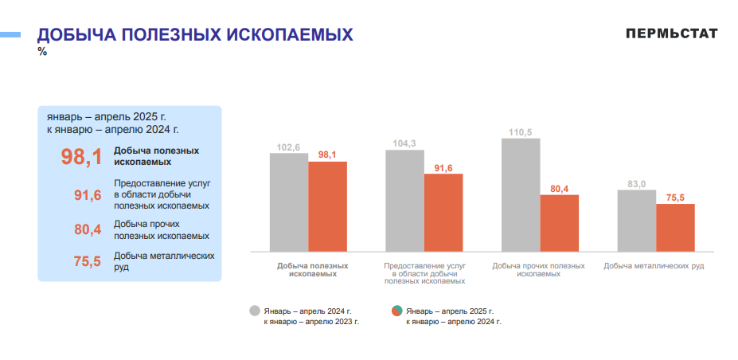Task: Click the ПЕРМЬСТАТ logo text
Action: pos(671,33)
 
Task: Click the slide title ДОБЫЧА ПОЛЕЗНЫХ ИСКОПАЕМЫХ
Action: pos(195,35)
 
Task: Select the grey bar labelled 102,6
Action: pos(288,202)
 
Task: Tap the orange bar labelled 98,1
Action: pos(327,206)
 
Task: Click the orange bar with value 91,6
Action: pos(443,213)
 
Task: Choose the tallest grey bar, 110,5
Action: pos(521,194)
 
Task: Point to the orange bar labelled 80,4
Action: pos(560,224)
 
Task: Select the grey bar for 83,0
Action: pos(637,221)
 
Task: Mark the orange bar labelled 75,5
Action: pos(675,228)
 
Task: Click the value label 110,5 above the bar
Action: pos(521,132)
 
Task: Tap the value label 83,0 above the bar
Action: pos(637,184)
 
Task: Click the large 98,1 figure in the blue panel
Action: pos(81,157)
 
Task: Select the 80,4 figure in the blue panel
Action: pos(87,230)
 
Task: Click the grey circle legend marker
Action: pos(255,311)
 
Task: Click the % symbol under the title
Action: pos(42,52)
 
